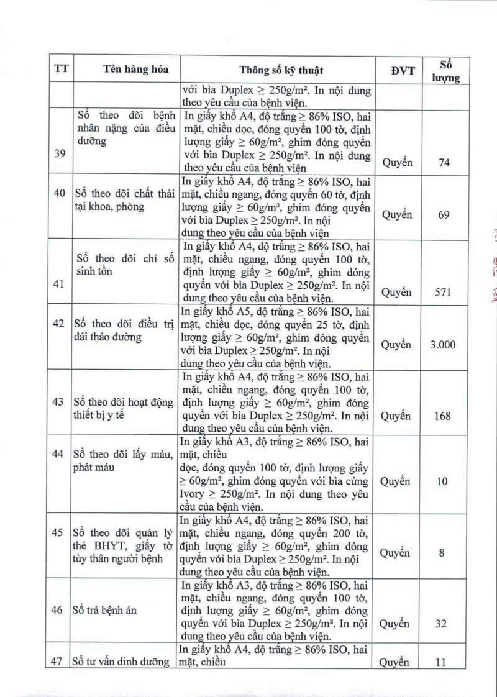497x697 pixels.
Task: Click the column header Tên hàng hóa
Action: click(x=127, y=70)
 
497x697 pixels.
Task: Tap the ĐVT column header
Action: click(x=403, y=70)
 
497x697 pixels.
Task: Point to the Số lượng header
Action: click(x=445, y=70)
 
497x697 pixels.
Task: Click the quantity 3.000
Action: click(x=443, y=345)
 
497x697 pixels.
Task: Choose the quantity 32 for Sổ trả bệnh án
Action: click(x=441, y=623)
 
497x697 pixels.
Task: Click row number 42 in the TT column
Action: click(x=58, y=324)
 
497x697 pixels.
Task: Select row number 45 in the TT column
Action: click(x=58, y=532)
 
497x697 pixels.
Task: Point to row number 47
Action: click(x=58, y=661)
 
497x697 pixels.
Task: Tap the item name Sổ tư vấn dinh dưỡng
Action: click(x=122, y=662)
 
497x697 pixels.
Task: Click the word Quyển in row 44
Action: click(x=396, y=481)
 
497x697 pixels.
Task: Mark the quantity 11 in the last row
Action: click(x=441, y=662)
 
